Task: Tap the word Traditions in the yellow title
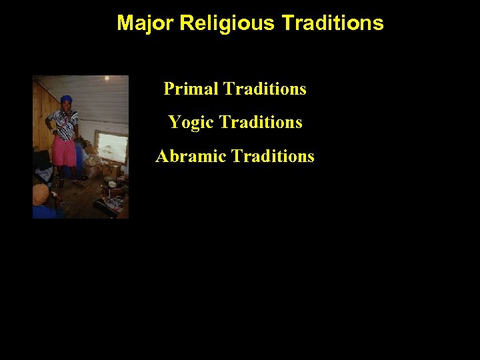333,23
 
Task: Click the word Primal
191,89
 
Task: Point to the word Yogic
191,123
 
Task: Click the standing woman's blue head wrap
66,99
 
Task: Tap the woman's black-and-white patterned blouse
64,124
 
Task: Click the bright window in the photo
112,147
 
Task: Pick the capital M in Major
124,23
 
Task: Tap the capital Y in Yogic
174,123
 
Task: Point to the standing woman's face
66,106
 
